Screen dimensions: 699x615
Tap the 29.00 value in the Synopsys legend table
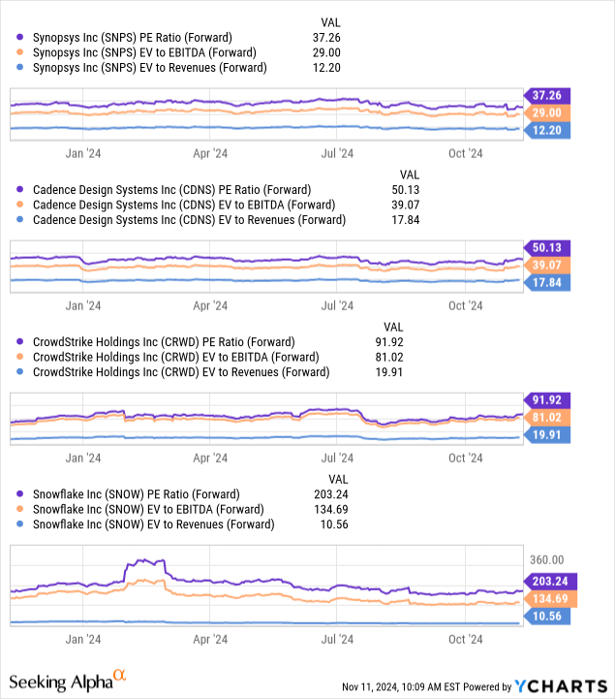tap(341, 51)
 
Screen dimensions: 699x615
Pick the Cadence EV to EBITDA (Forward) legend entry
tap(176, 205)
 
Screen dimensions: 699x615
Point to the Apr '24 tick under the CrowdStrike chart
tap(209, 458)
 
